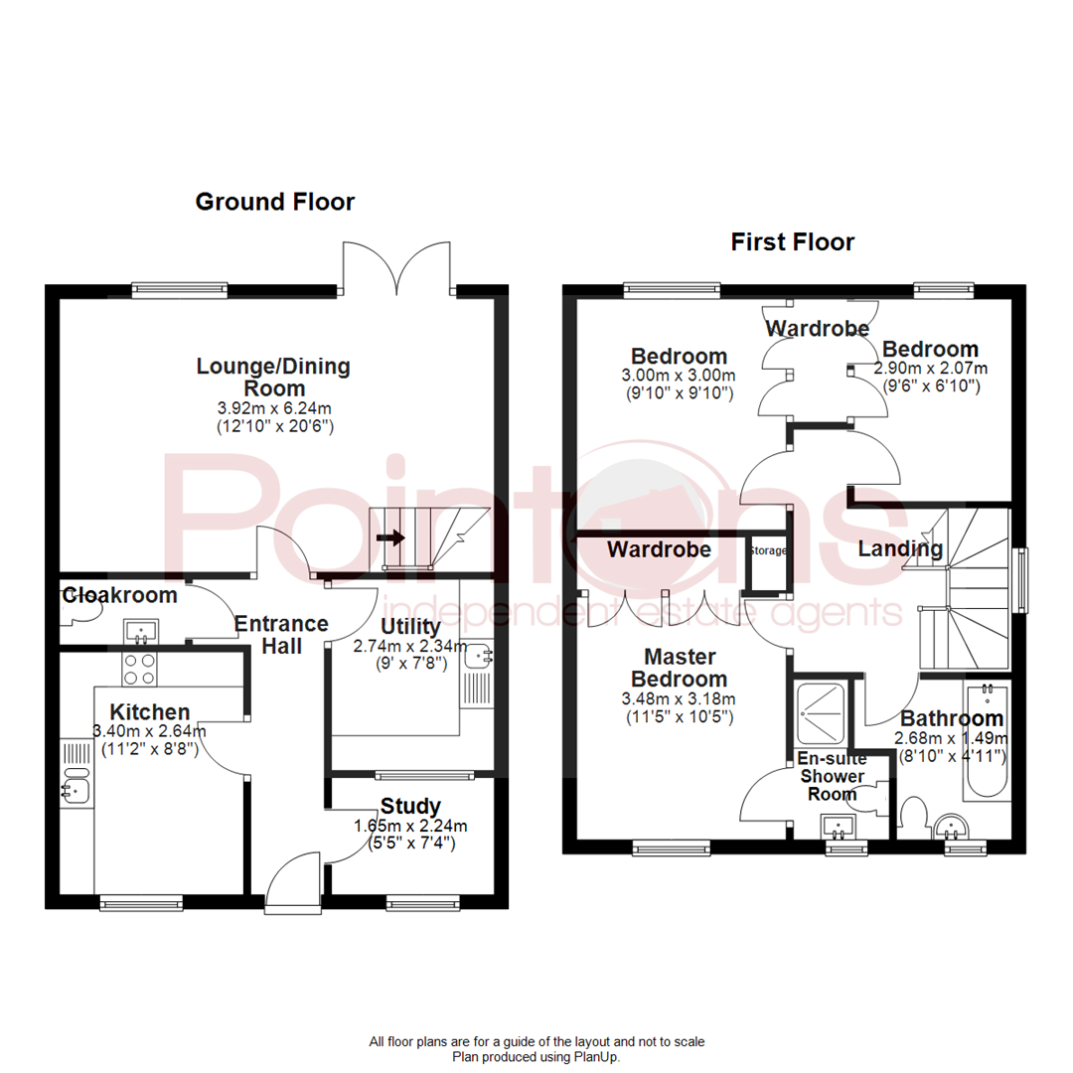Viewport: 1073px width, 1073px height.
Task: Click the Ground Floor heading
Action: point(274,202)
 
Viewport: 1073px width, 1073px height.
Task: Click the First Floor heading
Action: point(792,241)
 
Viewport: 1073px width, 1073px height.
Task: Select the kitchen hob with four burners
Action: point(137,669)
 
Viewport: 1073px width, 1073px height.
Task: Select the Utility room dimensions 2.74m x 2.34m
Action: point(409,646)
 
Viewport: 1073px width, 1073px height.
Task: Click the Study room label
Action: point(410,806)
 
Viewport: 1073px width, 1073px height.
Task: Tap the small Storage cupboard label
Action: point(768,549)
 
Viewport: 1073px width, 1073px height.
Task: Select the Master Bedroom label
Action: point(685,668)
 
